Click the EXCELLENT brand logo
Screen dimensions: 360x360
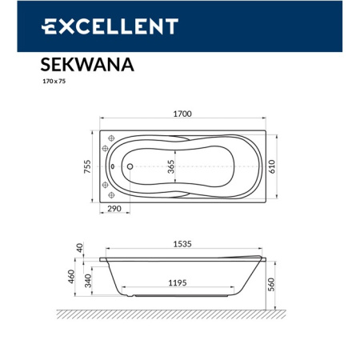(x=109, y=26)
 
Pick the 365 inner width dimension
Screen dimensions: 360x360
(x=170, y=166)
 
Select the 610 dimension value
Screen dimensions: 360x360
(x=274, y=166)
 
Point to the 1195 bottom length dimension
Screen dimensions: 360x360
(x=183, y=282)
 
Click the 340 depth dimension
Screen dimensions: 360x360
(x=88, y=279)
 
